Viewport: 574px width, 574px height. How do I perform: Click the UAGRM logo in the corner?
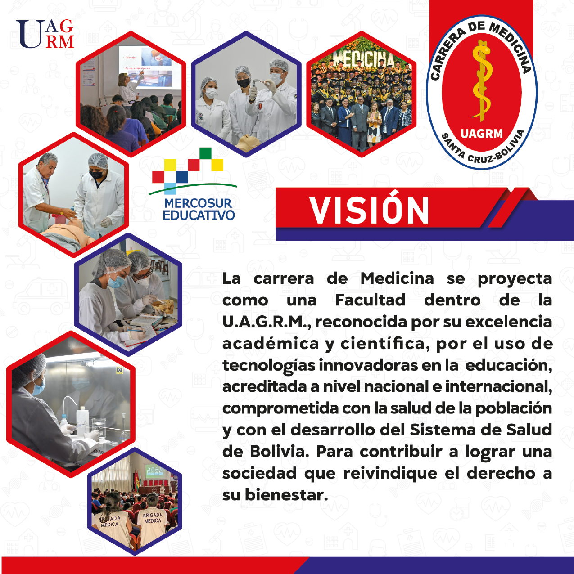pyautogui.click(x=45, y=34)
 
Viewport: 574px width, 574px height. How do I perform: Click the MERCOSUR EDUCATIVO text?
pyautogui.click(x=199, y=210)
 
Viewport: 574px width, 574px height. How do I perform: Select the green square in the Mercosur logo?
pyautogui.click(x=205, y=153)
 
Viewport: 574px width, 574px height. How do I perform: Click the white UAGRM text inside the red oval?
pyautogui.click(x=482, y=134)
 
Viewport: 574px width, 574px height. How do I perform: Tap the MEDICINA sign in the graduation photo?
pyautogui.click(x=364, y=59)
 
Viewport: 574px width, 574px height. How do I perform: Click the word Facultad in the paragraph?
pyautogui.click(x=371, y=300)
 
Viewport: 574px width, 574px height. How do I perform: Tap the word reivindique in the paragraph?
pyautogui.click(x=390, y=474)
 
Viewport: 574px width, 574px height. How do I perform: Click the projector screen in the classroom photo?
pyautogui.click(x=149, y=67)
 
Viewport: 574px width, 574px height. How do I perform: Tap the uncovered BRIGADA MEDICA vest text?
pyautogui.click(x=153, y=518)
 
